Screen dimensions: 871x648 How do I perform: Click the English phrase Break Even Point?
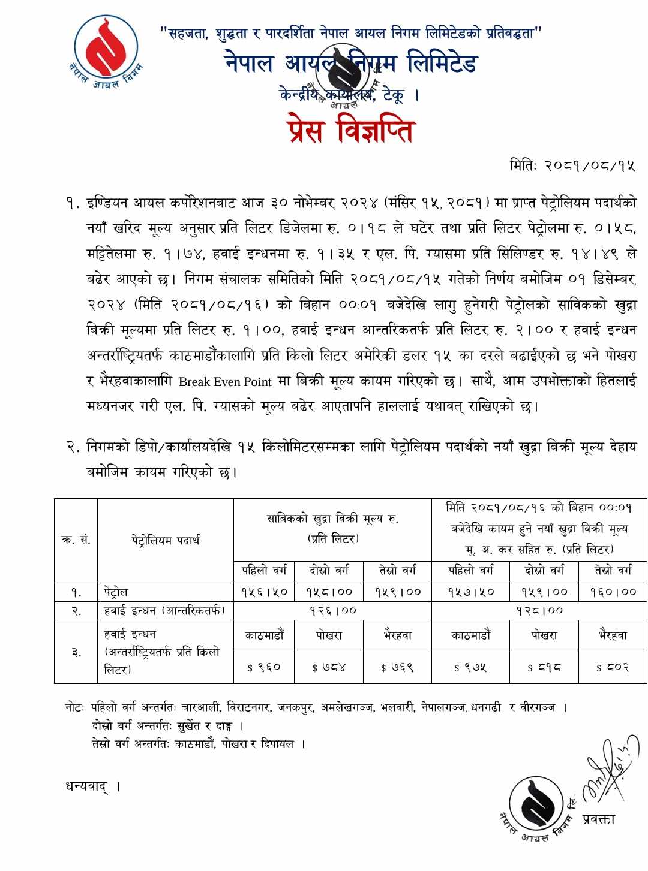225,382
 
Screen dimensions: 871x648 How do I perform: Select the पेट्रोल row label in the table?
116,592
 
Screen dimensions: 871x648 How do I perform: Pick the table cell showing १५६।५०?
264,592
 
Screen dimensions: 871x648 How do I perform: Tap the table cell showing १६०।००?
613,592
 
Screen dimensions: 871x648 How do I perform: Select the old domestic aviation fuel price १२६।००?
332,611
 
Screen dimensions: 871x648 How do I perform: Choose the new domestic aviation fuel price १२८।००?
539,611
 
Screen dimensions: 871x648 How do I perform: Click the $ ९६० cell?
264,667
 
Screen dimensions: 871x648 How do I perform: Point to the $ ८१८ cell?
544,667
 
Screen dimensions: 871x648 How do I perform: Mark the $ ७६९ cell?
397,667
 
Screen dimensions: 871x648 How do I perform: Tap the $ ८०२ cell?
613,667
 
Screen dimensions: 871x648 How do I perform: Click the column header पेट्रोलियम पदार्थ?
166,540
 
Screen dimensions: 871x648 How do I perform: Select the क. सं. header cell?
76,540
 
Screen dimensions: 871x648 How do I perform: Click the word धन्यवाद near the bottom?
88,786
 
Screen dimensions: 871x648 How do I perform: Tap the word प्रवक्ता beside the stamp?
598,819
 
